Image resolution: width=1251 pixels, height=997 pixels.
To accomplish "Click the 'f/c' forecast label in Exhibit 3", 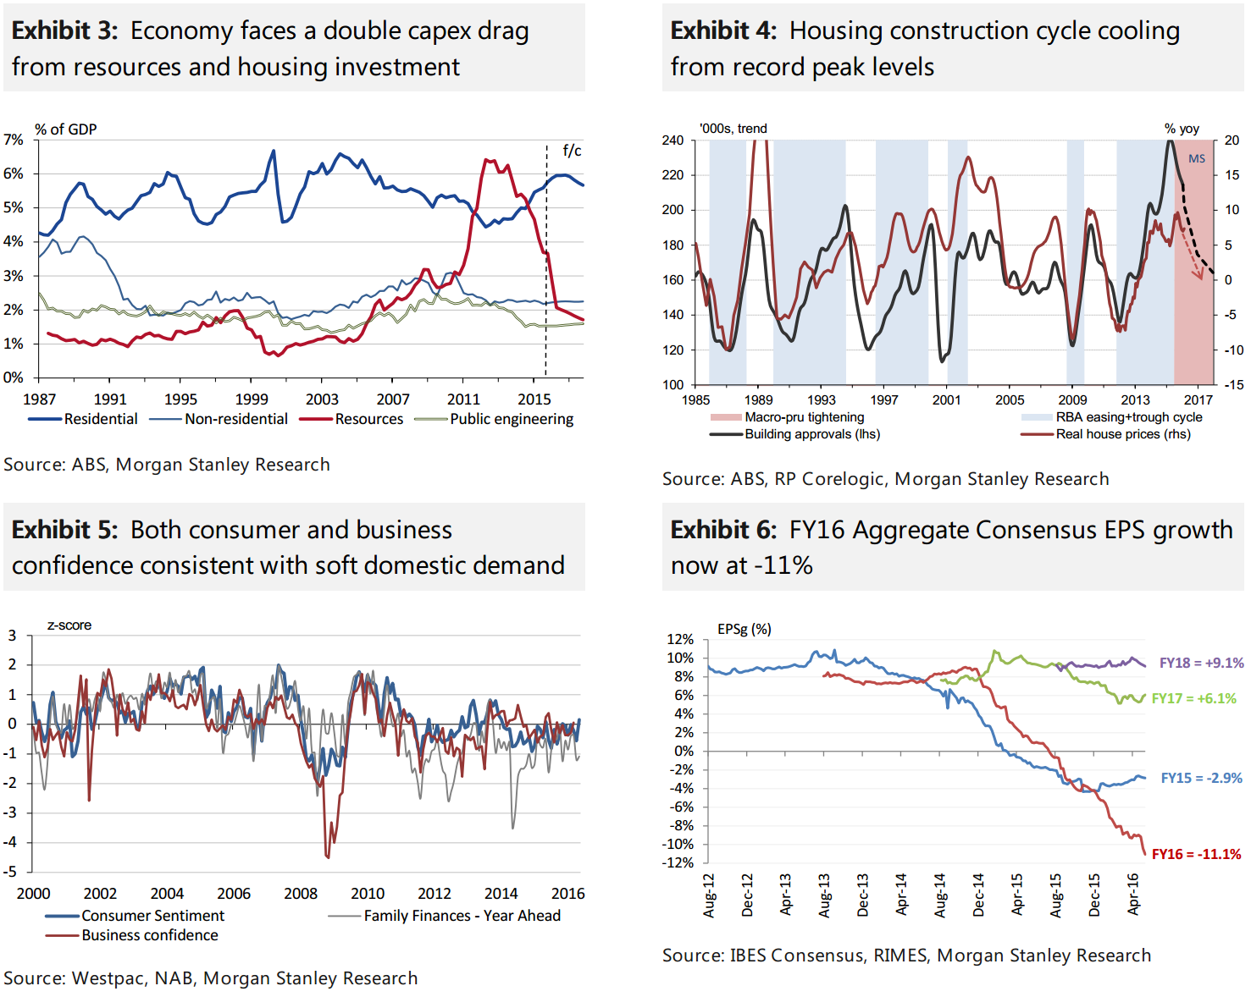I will pyautogui.click(x=572, y=151).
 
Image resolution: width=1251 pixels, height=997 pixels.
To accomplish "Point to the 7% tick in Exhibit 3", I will pyautogui.click(x=14, y=140).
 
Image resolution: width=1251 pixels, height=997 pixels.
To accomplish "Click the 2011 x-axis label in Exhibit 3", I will pyautogui.click(x=463, y=399).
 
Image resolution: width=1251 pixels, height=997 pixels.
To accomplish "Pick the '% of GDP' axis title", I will pyautogui.click(x=65, y=129).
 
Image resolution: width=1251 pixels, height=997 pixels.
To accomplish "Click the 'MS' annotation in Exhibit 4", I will pyautogui.click(x=1196, y=159).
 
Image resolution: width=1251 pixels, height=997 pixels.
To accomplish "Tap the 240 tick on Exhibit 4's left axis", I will pyautogui.click(x=673, y=140).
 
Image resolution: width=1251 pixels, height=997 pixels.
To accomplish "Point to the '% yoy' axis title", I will pyautogui.click(x=1182, y=129).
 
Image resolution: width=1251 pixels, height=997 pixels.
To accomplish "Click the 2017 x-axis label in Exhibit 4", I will pyautogui.click(x=1198, y=400).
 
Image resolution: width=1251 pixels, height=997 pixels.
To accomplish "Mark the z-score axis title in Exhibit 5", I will pyautogui.click(x=69, y=625).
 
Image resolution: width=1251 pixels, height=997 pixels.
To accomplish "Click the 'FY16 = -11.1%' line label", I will pyautogui.click(x=1196, y=854).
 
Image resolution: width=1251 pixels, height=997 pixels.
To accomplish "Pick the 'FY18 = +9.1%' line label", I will pyautogui.click(x=1201, y=663).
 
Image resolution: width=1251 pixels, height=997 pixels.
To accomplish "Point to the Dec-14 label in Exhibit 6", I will pyautogui.click(x=978, y=895).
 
